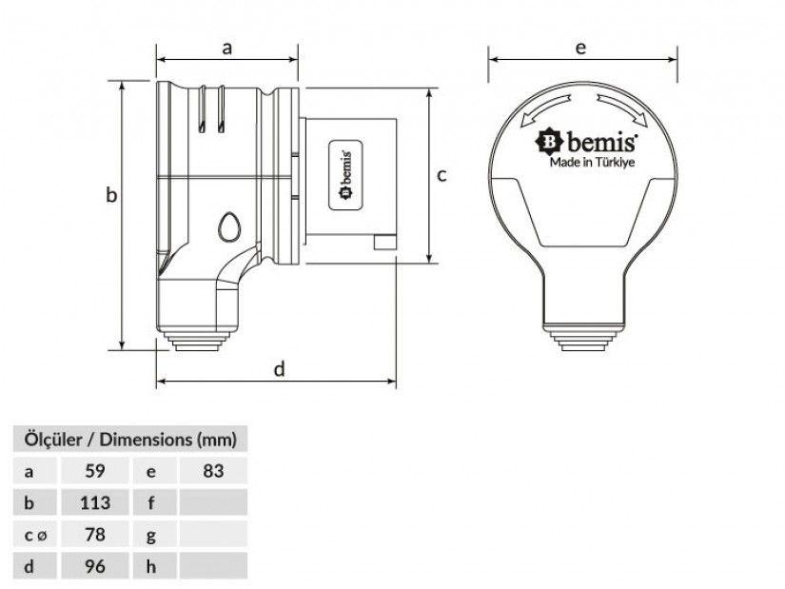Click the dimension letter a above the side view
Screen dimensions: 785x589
pos(227,49)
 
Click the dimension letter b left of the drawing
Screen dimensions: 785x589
pos(111,194)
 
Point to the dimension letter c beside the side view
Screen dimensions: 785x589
pos(442,175)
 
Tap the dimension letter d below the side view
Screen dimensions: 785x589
pos(280,369)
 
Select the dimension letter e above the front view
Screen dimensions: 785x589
pos(580,49)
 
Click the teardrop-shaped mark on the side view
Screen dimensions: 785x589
pos(229,227)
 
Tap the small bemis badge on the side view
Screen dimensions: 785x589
pos(345,175)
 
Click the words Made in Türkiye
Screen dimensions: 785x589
pos(592,163)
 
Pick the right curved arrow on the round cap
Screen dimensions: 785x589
pos(622,108)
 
